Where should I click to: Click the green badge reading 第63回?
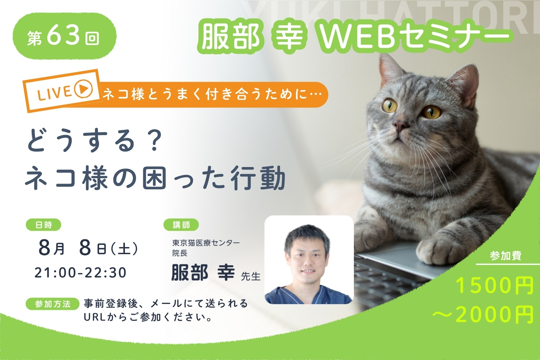64,36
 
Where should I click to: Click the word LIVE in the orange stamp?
54,93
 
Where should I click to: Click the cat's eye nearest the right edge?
432,112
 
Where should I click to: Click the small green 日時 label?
44,225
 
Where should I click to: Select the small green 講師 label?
181,225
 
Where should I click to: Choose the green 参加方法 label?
53,304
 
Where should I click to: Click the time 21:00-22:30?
81,273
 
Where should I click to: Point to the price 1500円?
494,286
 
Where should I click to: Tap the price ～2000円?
483,315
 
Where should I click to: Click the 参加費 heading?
506,256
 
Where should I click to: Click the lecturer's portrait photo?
309,260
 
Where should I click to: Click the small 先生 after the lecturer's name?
251,276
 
